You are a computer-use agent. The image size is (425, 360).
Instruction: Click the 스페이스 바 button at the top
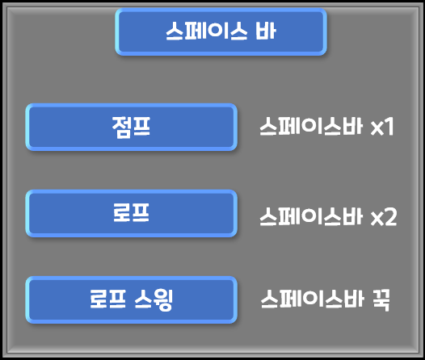click(221, 31)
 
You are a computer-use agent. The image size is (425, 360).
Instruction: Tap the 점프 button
click(132, 127)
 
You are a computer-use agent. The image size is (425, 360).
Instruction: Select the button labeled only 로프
click(132, 213)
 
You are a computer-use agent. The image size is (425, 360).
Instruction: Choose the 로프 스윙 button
click(132, 299)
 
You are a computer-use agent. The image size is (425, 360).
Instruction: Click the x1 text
click(382, 127)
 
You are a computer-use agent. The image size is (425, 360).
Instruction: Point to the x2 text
click(384, 217)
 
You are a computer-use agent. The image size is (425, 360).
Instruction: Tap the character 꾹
click(381, 299)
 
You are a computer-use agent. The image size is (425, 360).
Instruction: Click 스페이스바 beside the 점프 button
click(311, 126)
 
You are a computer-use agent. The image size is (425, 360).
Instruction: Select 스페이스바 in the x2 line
click(311, 216)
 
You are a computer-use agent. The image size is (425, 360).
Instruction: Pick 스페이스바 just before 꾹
click(312, 299)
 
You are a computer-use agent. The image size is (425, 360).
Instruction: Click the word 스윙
click(154, 299)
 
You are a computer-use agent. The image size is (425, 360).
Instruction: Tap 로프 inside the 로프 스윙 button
click(107, 299)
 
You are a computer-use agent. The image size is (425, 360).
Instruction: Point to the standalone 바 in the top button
click(266, 31)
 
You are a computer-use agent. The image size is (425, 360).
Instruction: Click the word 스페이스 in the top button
click(207, 31)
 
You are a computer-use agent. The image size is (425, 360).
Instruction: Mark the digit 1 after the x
click(389, 127)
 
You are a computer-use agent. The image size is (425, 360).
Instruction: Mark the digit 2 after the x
click(390, 216)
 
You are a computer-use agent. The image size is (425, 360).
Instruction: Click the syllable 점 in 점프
click(121, 128)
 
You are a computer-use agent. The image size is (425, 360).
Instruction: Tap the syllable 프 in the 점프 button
click(141, 127)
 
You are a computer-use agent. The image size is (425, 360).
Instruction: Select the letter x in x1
click(377, 128)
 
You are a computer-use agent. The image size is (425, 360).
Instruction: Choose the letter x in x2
click(377, 219)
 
